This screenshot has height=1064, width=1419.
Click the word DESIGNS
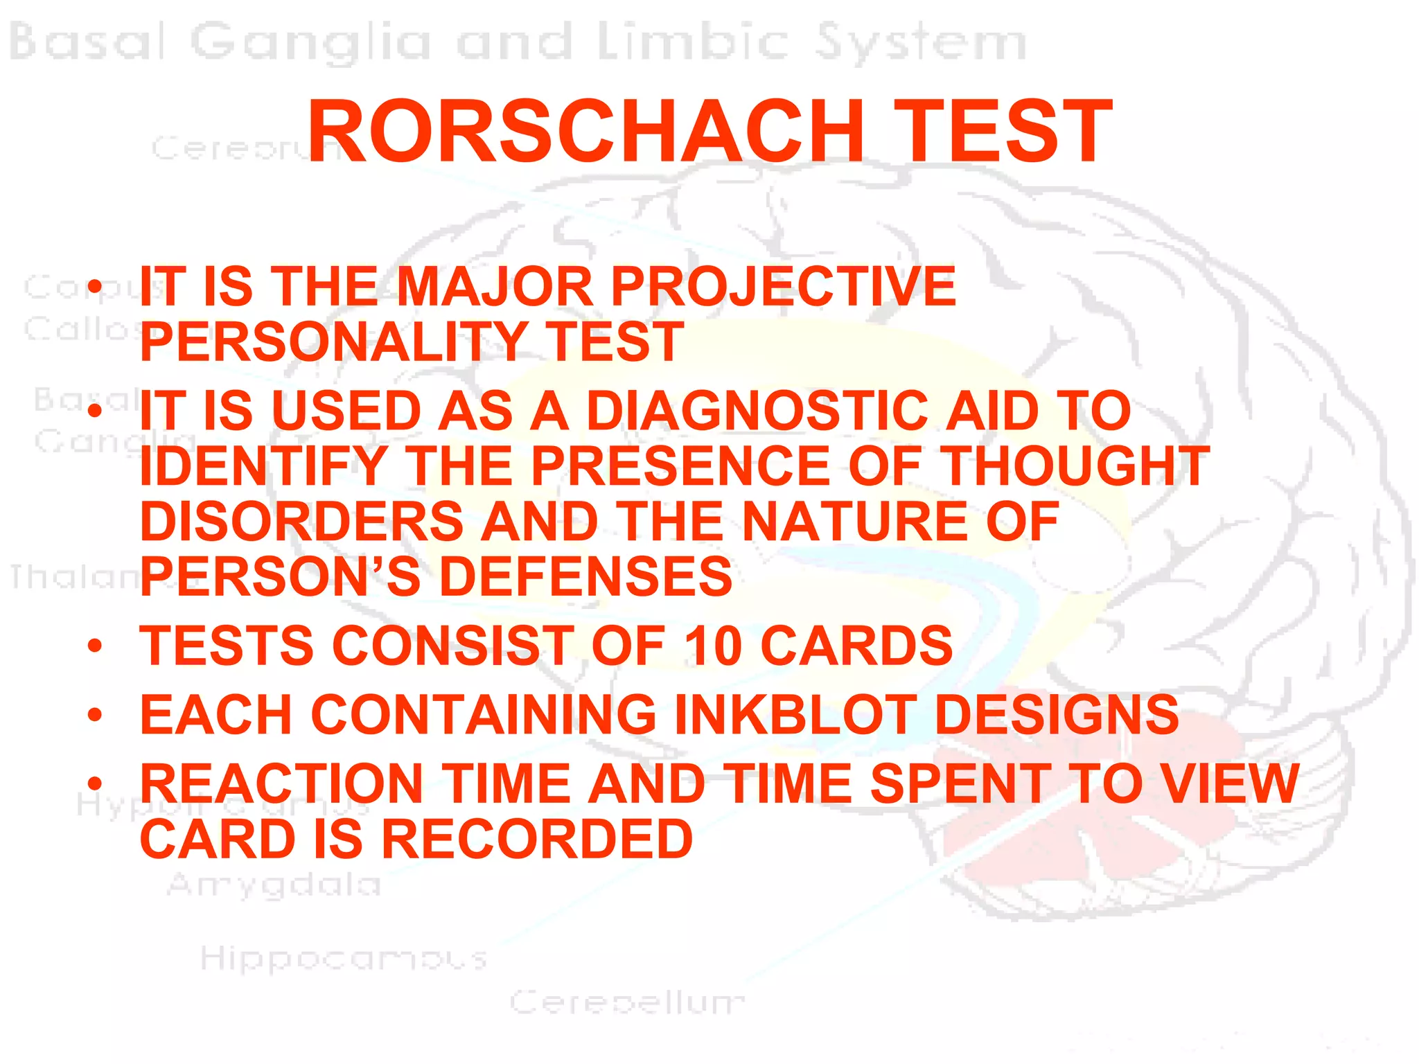click(x=1057, y=714)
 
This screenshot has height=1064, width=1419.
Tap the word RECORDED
click(x=537, y=839)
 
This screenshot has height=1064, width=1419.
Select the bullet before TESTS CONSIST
click(x=95, y=646)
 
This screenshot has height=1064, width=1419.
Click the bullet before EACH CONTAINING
click(x=95, y=715)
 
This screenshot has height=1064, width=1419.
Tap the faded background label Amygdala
click(x=274, y=885)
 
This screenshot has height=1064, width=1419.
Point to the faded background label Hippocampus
click(x=344, y=959)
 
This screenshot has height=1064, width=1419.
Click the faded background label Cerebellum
click(x=627, y=1002)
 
